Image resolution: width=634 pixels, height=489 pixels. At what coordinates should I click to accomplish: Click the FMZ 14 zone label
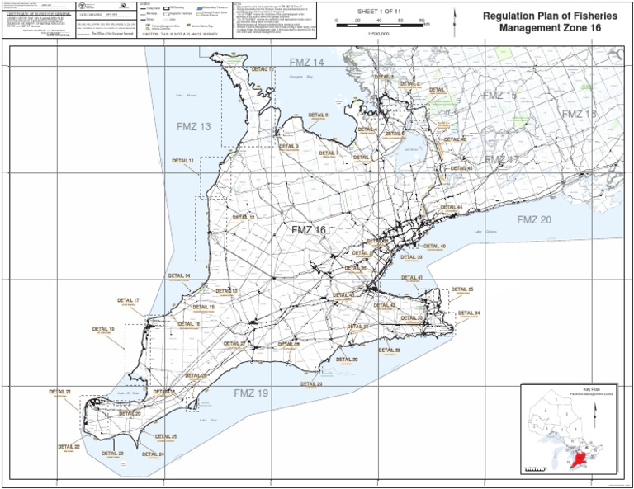307,63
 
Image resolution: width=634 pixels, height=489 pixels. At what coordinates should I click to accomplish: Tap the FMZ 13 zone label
194,126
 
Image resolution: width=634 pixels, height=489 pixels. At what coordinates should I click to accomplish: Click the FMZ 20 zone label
534,219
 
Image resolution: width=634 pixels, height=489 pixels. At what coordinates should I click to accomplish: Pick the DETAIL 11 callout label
183,160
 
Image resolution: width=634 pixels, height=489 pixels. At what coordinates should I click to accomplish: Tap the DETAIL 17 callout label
128,300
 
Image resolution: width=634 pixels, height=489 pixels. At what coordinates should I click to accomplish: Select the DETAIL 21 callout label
60,391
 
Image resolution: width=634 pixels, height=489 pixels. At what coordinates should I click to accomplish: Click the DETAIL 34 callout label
469,313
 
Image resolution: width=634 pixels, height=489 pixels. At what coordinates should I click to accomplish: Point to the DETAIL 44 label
452,207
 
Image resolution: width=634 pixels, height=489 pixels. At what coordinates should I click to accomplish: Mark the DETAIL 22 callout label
69,446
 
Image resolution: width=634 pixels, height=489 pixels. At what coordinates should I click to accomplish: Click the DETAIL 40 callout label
435,246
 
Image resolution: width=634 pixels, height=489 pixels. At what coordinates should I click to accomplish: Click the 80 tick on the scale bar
422,18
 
